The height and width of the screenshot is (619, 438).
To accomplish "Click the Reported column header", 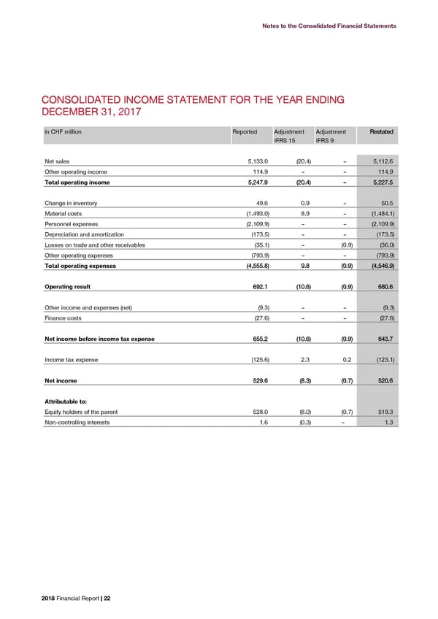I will pyautogui.click(x=245, y=131).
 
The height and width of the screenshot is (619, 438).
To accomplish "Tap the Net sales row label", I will pyautogui.click(x=58, y=161).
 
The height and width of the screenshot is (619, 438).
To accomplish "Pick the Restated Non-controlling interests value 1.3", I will pyautogui.click(x=388, y=422).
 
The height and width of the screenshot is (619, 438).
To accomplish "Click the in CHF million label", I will pyautogui.click(x=63, y=131).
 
